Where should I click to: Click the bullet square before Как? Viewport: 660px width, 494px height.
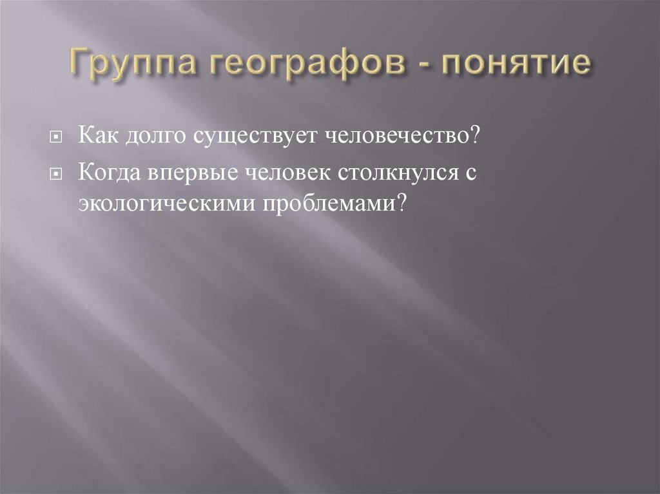[x=57, y=139]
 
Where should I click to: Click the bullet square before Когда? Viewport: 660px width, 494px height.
[x=57, y=175]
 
